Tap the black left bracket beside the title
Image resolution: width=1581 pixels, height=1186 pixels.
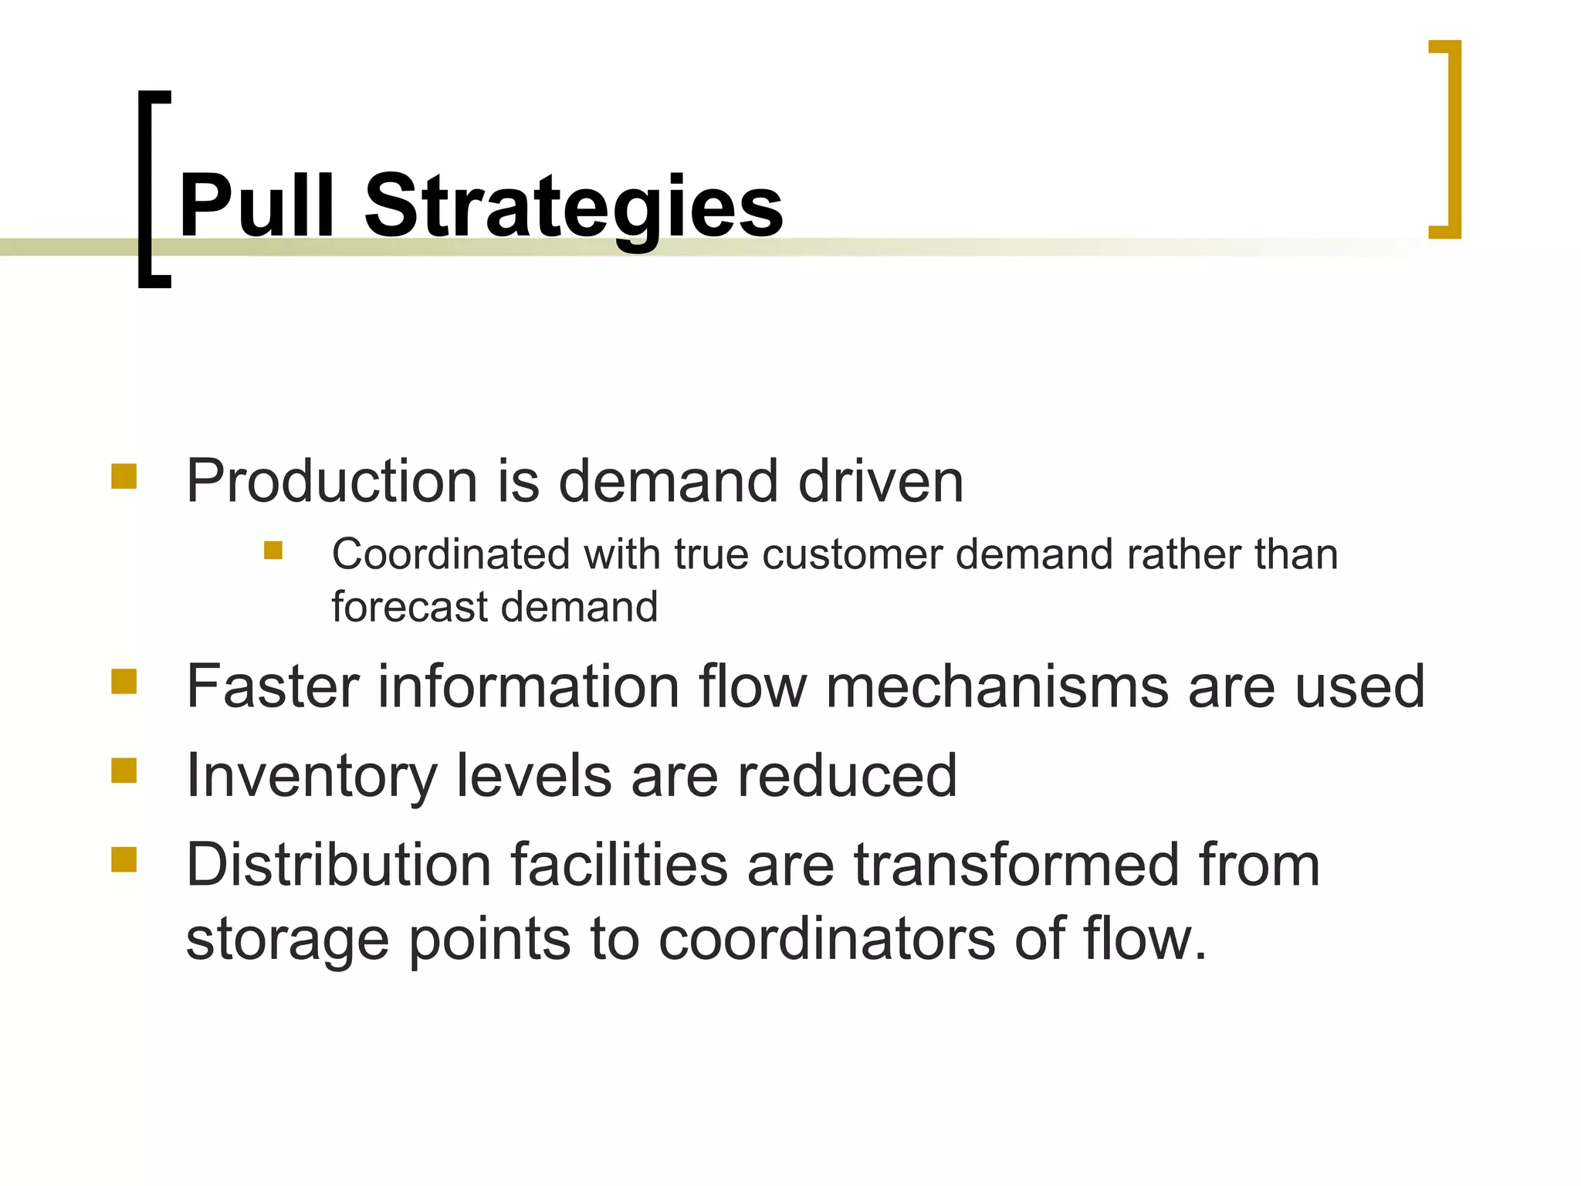pyautogui.click(x=147, y=188)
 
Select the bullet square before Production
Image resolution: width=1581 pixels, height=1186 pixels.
pyautogui.click(x=124, y=476)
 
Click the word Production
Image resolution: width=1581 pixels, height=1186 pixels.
pyautogui.click(x=331, y=481)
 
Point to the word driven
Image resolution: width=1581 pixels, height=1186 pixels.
pyautogui.click(x=880, y=481)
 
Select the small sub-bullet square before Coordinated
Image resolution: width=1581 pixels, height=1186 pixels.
pyautogui.click(x=273, y=550)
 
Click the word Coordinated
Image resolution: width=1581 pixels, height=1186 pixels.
pyautogui.click(x=451, y=554)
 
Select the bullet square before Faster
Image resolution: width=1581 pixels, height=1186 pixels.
pyautogui.click(x=124, y=682)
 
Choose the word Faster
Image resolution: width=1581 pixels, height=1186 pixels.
pyautogui.click(x=273, y=686)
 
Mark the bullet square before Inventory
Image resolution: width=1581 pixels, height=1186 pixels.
pyautogui.click(x=124, y=771)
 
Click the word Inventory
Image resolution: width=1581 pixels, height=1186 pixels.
pyautogui.click(x=311, y=777)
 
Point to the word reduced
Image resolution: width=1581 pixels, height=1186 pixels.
pyautogui.click(x=847, y=775)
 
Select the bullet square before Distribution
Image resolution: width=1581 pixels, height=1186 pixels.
pyautogui.click(x=124, y=859)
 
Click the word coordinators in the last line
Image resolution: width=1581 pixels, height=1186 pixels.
pyautogui.click(x=827, y=939)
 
